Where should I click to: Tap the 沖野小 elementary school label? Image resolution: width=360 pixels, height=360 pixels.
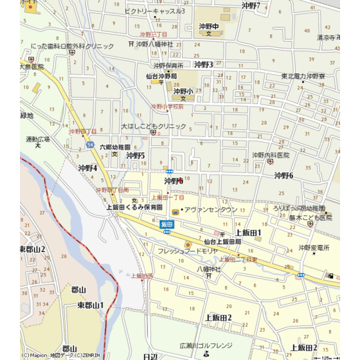pos(183,91)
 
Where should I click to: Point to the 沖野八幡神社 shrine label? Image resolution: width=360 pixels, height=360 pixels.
pos(154,44)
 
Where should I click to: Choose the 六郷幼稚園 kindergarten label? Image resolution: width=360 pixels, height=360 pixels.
pos(114,147)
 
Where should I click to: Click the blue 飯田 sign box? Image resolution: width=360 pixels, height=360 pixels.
pos(167,224)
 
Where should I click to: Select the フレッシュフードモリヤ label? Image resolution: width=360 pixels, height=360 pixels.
pos(188,250)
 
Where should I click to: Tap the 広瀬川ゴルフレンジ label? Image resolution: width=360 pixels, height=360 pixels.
pos(206,345)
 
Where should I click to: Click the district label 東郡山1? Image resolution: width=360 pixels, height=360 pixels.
pos(90,305)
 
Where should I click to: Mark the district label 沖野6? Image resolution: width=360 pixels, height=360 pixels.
pos(283,175)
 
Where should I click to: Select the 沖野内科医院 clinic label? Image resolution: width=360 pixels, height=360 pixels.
pos(271,155)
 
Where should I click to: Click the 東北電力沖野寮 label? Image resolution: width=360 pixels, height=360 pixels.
pos(303,76)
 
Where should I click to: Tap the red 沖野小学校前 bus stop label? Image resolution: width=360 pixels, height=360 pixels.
pos(167,107)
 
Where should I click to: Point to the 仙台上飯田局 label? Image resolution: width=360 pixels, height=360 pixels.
pos(219,241)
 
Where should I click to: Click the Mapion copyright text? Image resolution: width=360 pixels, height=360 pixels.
pos(51,355)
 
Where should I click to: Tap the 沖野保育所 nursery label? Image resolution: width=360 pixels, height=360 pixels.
pos(168,66)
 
